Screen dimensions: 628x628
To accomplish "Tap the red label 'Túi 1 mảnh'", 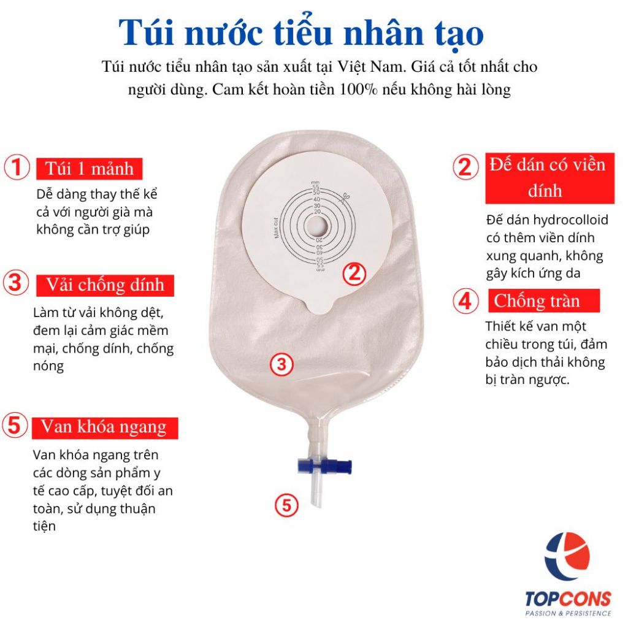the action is pos(90,169).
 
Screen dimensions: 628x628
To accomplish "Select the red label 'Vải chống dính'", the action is pos(105,285).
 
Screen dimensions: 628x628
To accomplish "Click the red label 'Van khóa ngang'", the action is pos(105,427).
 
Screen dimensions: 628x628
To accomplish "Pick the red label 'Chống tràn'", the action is pos(544,301).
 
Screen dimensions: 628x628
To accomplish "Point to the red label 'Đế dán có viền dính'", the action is pos(549,178).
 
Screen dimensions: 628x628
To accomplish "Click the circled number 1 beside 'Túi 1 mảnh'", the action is pos(17,167).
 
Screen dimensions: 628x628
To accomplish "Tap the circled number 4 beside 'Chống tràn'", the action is pos(465,301).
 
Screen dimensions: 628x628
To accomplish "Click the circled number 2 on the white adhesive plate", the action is pos(354,274).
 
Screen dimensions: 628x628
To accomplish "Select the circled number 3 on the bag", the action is pos(282,364).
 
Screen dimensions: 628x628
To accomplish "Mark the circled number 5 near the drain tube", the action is pos(287,505).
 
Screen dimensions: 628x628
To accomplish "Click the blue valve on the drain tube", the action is pos(325,466).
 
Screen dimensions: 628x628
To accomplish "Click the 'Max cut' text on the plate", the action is pos(275,228).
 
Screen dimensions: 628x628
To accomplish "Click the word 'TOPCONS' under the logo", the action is pos(568,599).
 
